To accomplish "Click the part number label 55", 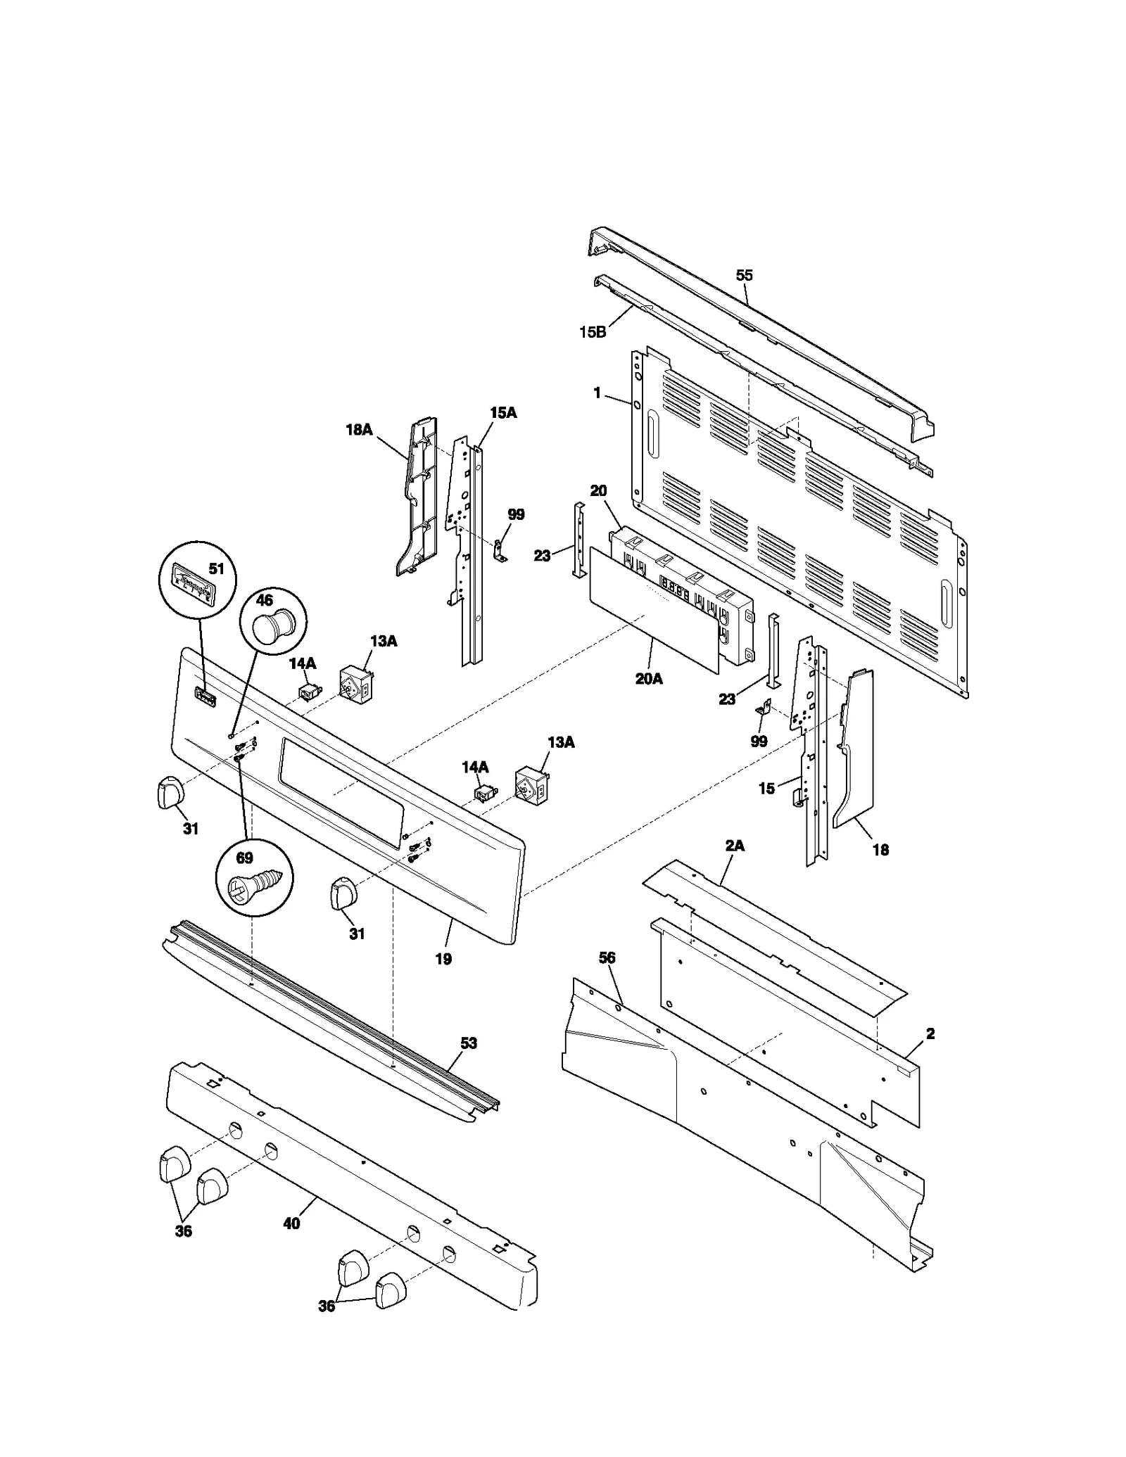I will point(744,275).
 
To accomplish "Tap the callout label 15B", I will point(592,332).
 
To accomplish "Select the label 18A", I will point(358,429).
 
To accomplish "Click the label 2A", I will point(734,846).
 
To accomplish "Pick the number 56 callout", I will point(607,957).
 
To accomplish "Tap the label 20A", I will point(648,679).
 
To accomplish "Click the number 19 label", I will point(443,958).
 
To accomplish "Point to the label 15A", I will point(502,413).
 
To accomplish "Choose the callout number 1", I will point(597,393).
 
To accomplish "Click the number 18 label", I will point(880,850).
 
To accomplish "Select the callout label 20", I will point(598,491).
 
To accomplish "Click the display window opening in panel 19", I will point(341,789).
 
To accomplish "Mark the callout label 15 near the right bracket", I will point(766,789).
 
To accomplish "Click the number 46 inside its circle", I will point(264,600).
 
